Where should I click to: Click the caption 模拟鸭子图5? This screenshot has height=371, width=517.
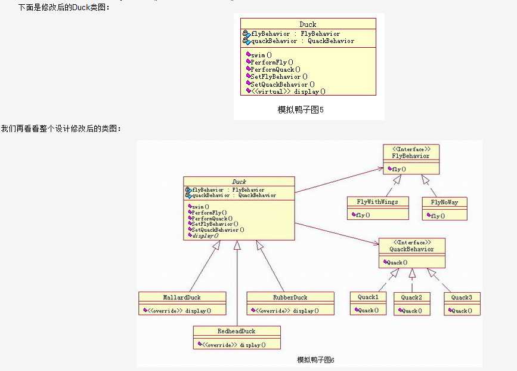301,109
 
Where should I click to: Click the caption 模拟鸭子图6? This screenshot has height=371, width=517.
315,360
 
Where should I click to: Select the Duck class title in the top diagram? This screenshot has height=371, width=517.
308,24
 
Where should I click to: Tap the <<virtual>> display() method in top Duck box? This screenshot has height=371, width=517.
288,91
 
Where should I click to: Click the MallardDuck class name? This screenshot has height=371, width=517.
182,297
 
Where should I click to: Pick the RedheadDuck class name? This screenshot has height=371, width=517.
236,331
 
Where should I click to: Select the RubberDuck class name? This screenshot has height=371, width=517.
290,297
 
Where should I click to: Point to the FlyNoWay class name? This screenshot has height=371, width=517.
444,201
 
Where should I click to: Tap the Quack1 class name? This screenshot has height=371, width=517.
368,297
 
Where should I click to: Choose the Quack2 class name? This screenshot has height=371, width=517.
411,297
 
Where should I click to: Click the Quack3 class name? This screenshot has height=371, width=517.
462,297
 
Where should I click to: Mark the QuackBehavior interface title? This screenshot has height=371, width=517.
411,249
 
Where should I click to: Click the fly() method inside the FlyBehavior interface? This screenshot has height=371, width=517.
398,169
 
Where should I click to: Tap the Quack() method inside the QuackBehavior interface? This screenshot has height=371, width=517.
397,262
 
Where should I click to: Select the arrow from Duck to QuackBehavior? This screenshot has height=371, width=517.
336,233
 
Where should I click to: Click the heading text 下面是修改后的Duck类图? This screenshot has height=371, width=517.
64,7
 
